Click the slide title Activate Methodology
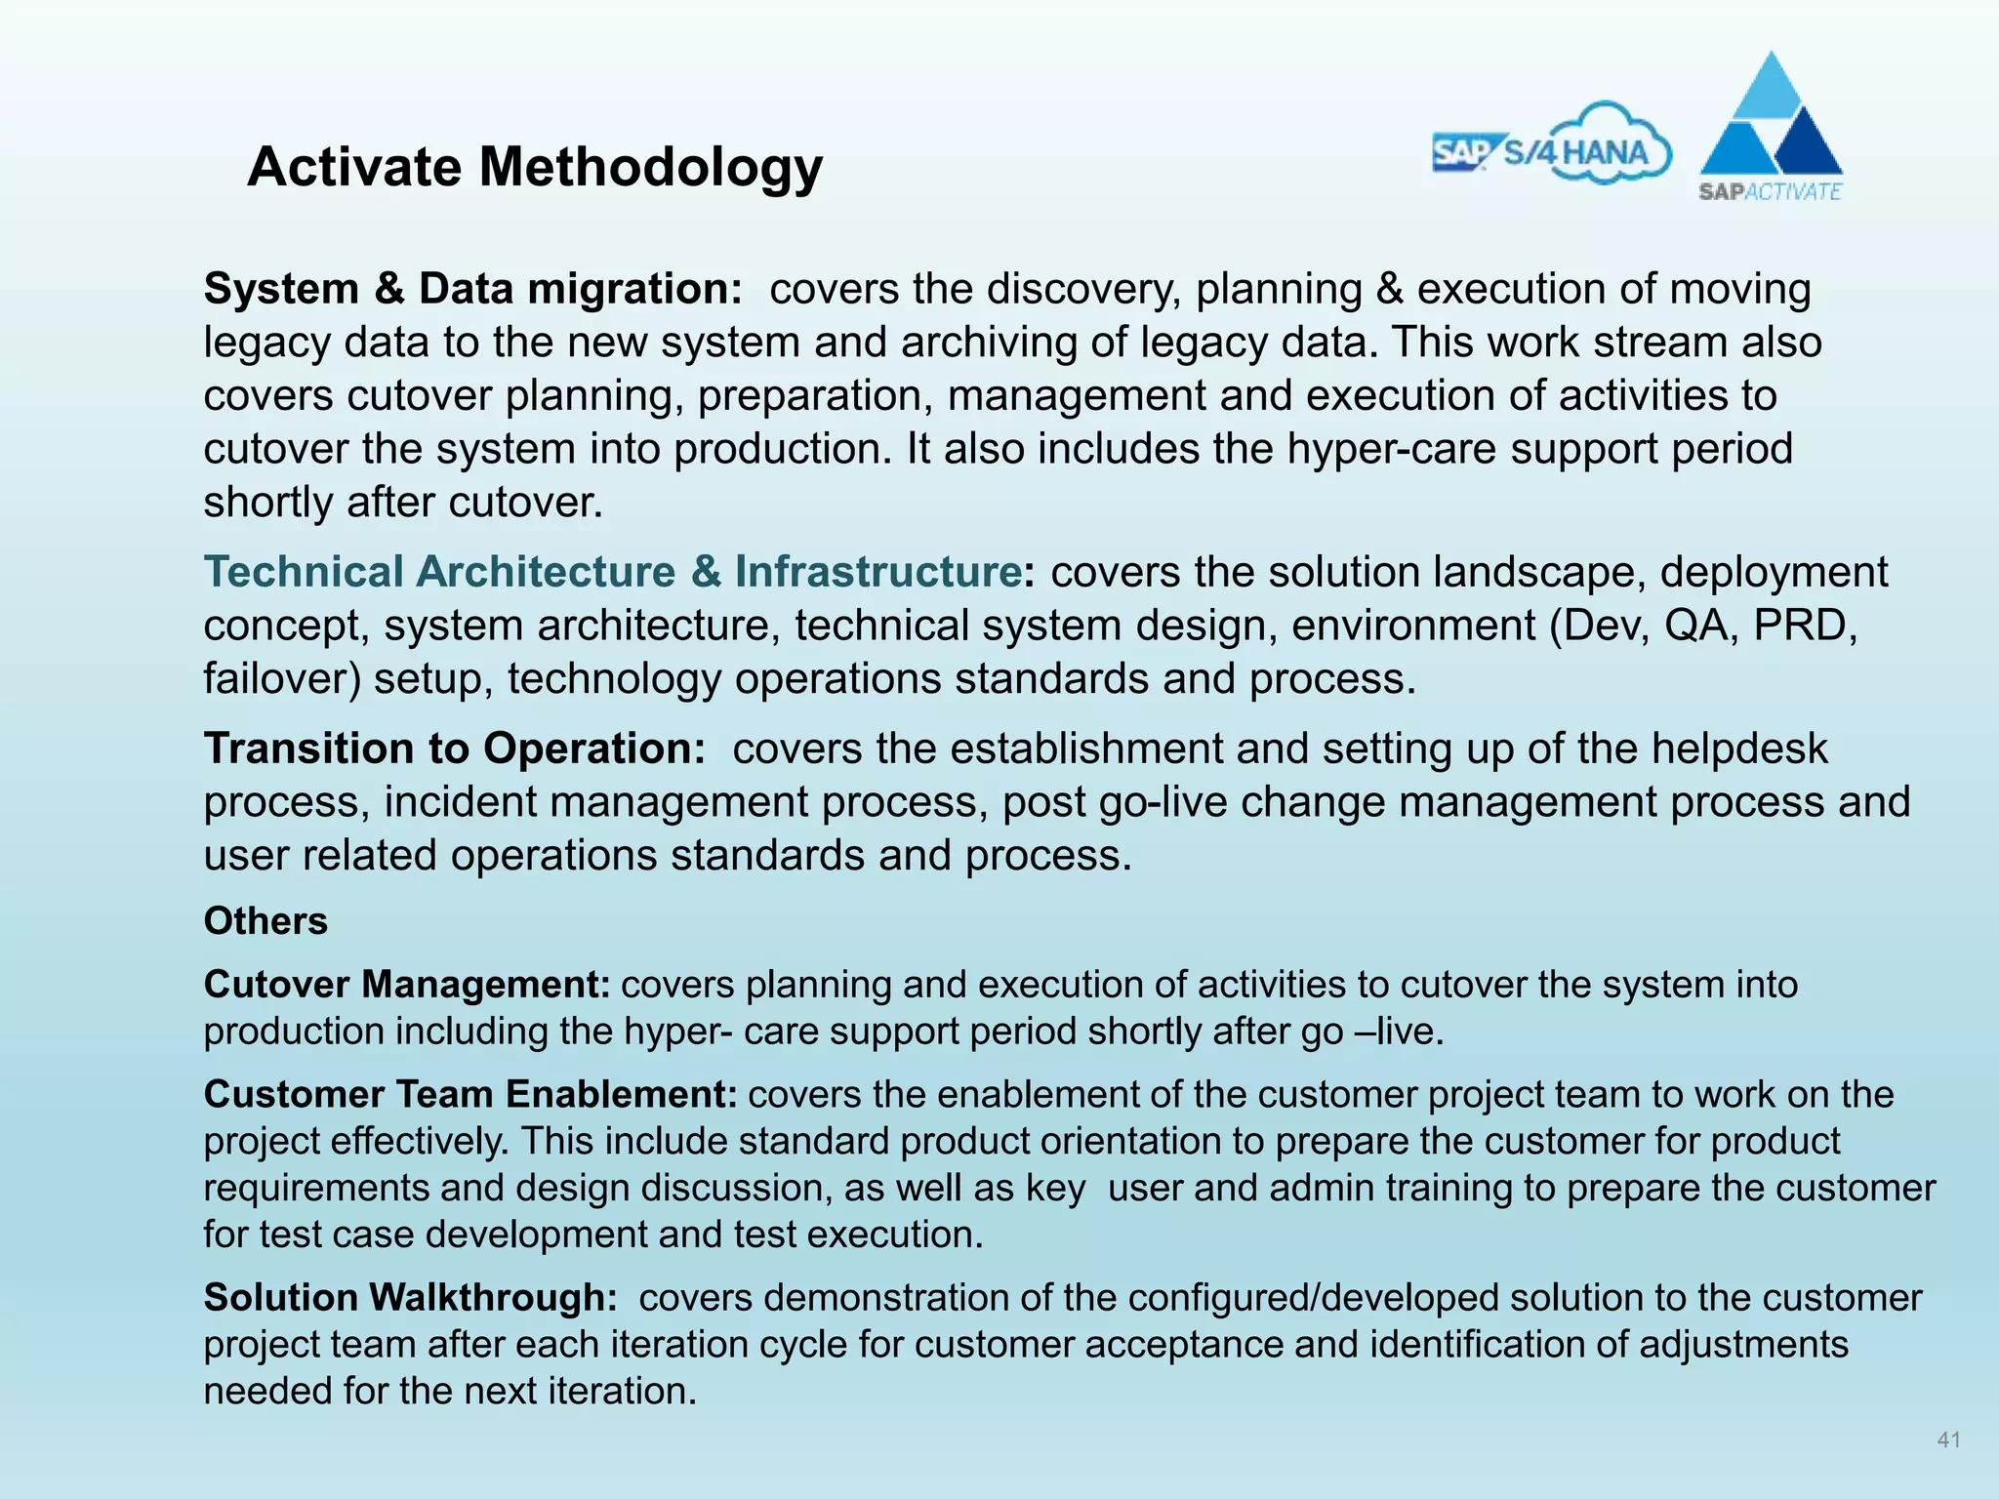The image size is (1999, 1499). [535, 167]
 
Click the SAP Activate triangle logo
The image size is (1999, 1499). [1771, 128]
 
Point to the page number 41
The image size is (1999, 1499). [1948, 1439]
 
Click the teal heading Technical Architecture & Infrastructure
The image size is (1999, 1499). [612, 572]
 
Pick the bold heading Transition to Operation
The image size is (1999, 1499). [454, 749]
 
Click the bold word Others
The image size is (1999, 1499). [265, 921]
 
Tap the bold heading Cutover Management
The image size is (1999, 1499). [407, 985]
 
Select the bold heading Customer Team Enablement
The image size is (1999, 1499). [470, 1095]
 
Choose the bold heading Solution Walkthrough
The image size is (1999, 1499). [410, 1298]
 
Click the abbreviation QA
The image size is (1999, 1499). [1696, 626]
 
